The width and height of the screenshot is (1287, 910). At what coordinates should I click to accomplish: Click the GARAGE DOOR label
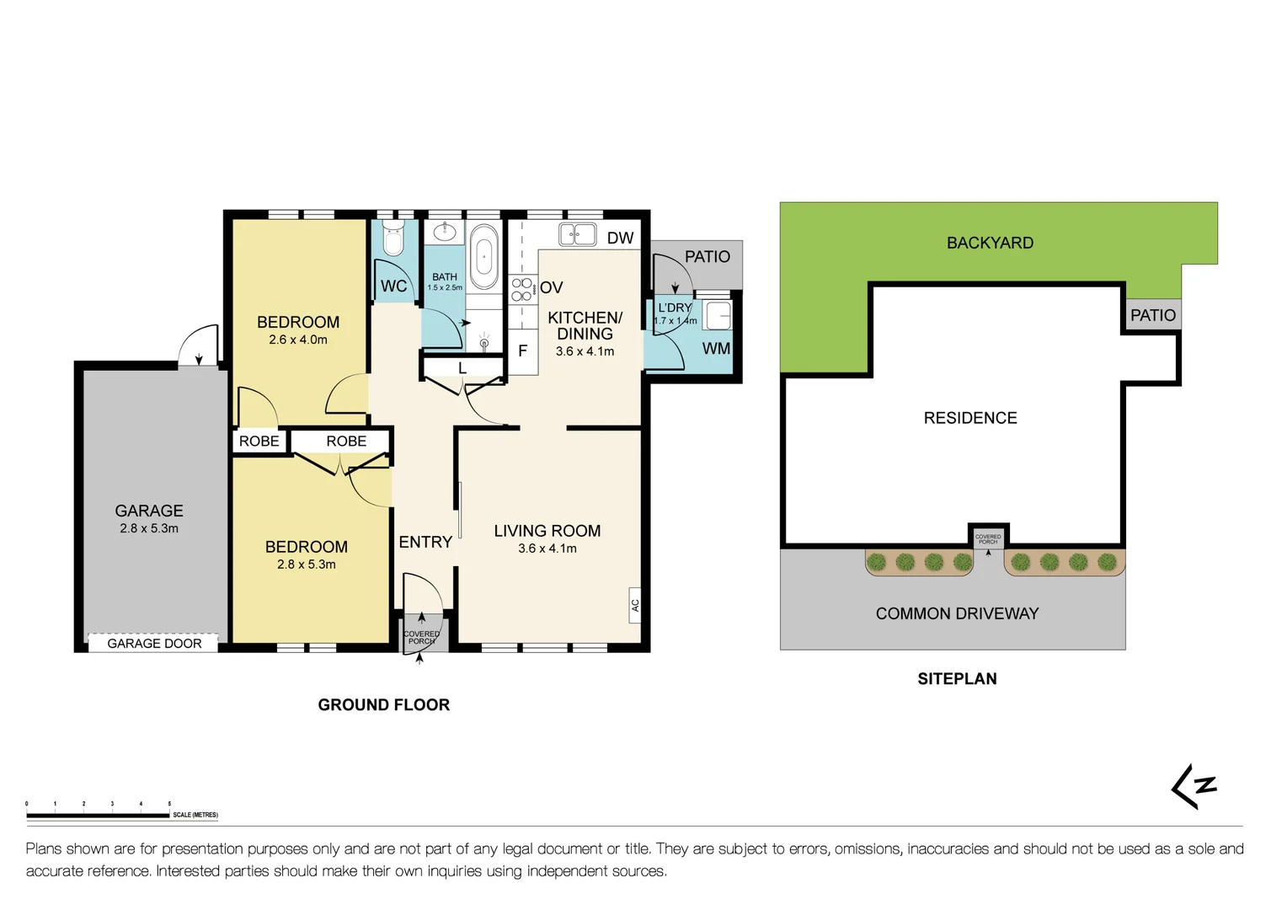pyautogui.click(x=154, y=644)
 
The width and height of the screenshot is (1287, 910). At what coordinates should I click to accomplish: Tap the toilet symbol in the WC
pyautogui.click(x=393, y=238)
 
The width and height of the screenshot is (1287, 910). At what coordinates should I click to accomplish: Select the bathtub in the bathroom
pyautogui.click(x=483, y=256)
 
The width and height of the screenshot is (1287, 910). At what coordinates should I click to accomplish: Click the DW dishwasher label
pyautogui.click(x=620, y=238)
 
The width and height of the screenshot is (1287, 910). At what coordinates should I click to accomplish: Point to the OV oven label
pyautogui.click(x=552, y=288)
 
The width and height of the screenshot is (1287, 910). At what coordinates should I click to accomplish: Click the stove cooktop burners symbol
pyautogui.click(x=521, y=289)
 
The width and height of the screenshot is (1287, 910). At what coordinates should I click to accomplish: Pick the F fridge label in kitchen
pyautogui.click(x=522, y=351)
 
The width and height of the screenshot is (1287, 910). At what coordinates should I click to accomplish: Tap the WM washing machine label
pyautogui.click(x=716, y=349)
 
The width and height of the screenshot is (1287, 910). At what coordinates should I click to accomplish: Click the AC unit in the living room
pyautogui.click(x=635, y=605)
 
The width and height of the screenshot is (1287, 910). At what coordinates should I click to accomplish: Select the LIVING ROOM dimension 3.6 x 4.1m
pyautogui.click(x=547, y=549)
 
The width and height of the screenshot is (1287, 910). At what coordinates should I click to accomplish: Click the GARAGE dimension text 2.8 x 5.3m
pyautogui.click(x=149, y=529)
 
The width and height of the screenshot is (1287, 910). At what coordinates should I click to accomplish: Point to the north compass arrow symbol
pyautogui.click(x=1194, y=787)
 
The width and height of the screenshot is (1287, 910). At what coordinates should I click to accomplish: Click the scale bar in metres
pyautogui.click(x=98, y=815)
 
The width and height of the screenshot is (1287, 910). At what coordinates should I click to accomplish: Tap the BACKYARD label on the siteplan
pyautogui.click(x=990, y=244)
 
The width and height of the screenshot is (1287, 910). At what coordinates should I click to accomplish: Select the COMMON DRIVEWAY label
pyautogui.click(x=957, y=614)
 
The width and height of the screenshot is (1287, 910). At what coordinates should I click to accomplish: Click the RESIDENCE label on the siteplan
pyautogui.click(x=970, y=419)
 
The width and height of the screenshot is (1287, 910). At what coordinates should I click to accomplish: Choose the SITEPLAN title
pyautogui.click(x=957, y=679)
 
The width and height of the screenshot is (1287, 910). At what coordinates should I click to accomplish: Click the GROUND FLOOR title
pyautogui.click(x=383, y=705)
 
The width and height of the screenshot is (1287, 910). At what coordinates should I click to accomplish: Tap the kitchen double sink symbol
pyautogui.click(x=578, y=234)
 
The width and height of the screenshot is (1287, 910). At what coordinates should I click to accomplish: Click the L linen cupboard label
pyautogui.click(x=462, y=369)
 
